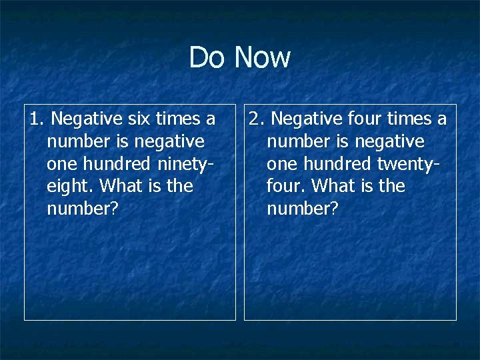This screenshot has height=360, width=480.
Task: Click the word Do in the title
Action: [207, 57]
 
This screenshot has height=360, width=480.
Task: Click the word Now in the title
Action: [263, 57]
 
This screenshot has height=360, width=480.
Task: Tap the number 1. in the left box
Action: [37, 119]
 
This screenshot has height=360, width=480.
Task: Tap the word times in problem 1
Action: [177, 119]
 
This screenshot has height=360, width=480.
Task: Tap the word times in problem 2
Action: [409, 119]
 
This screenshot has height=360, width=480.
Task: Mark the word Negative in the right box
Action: [308, 119]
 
